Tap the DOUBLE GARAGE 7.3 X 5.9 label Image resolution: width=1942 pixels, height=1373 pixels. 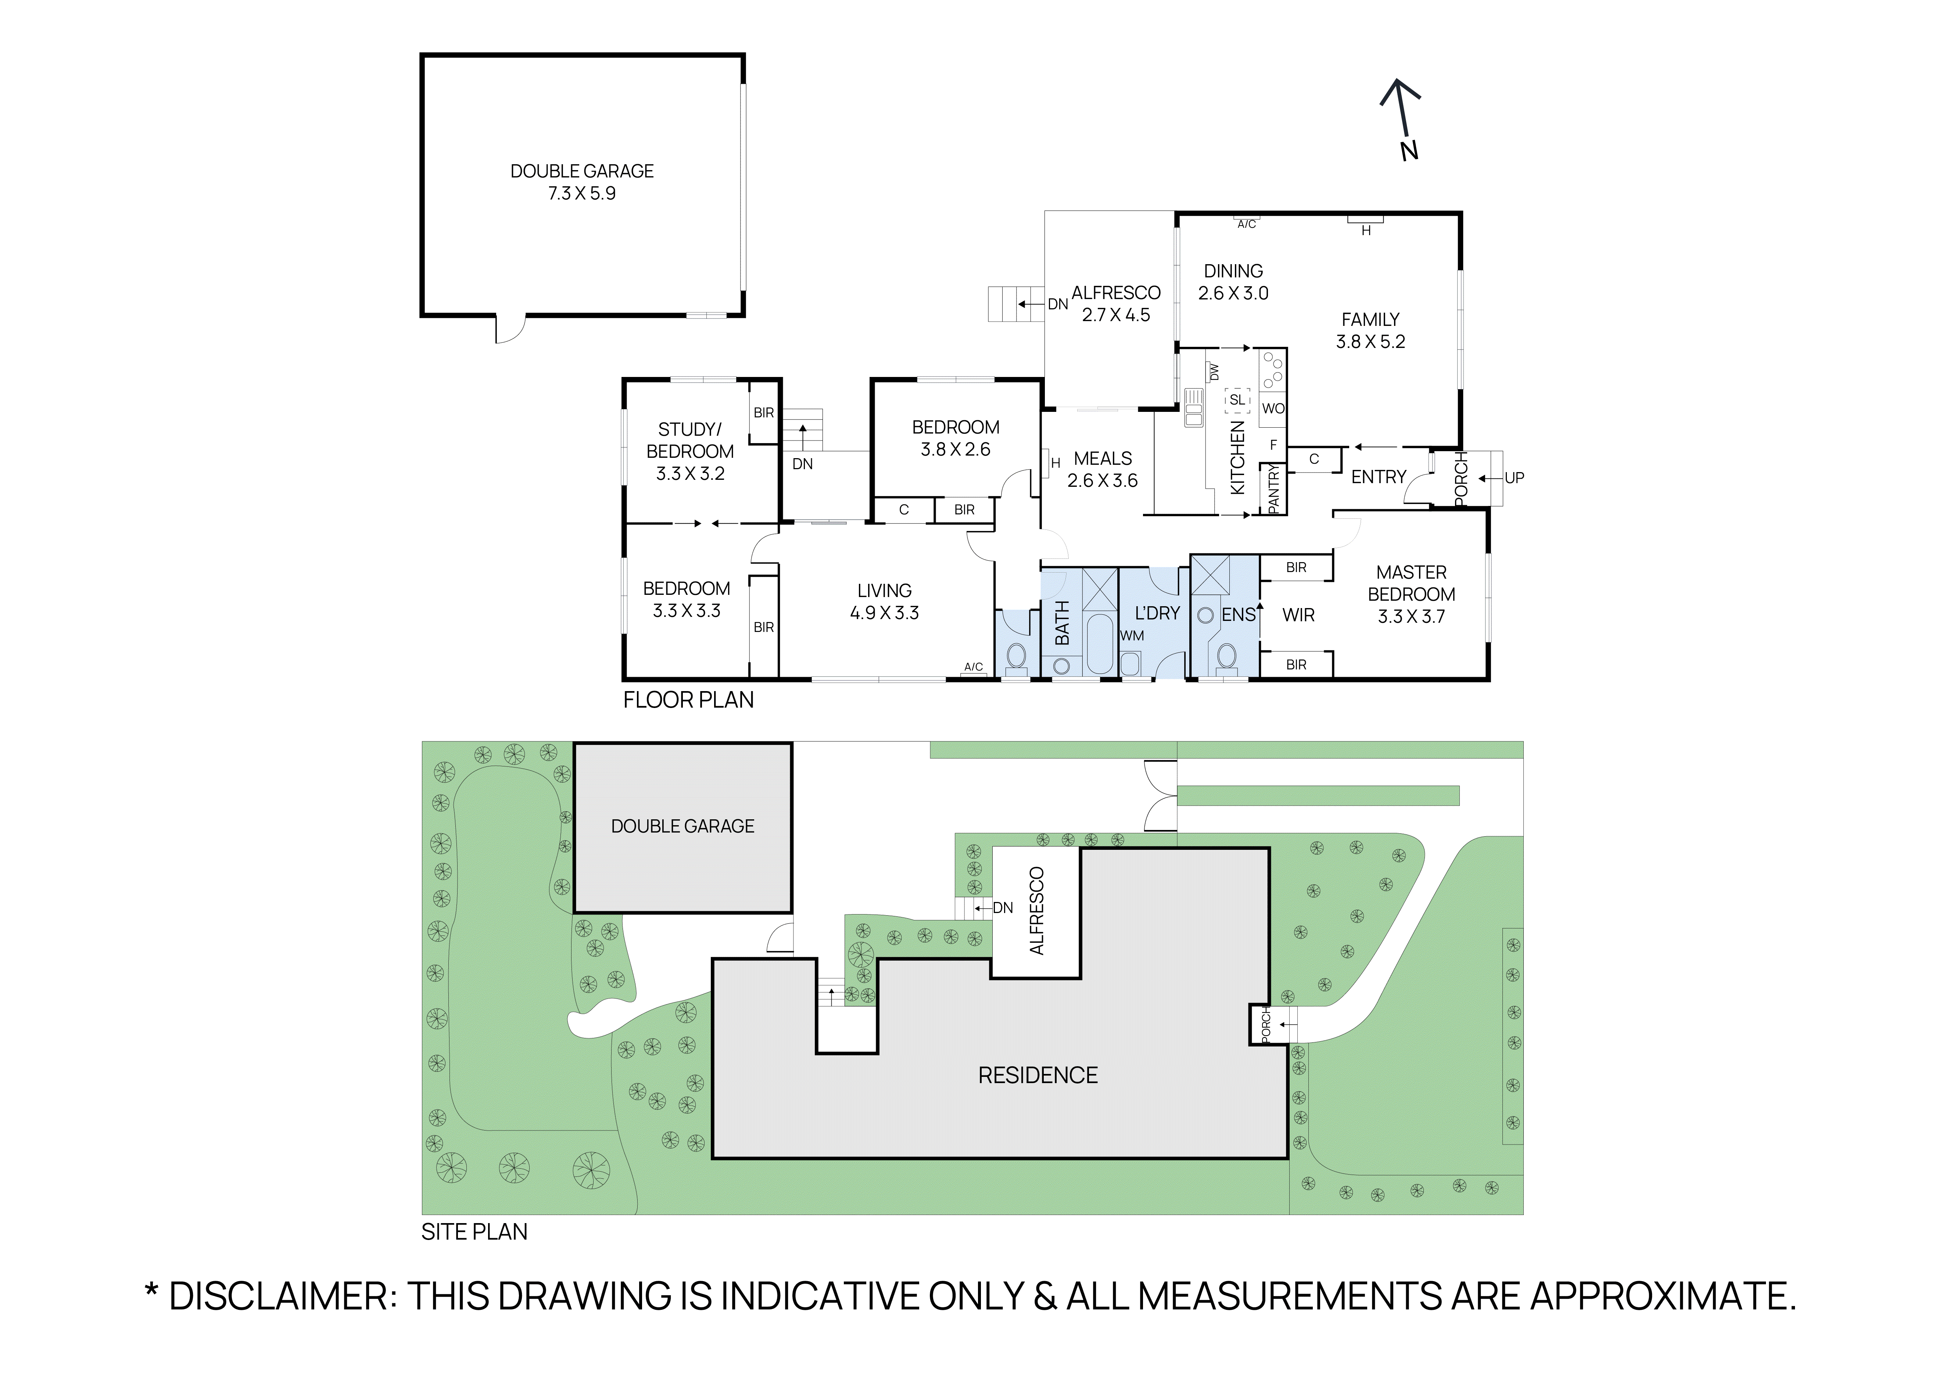[x=582, y=182]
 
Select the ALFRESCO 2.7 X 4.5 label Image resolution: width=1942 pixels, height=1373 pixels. [x=1116, y=303]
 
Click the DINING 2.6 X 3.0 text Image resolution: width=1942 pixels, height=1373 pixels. [x=1233, y=281]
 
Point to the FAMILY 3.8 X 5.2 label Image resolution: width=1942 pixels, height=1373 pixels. [x=1370, y=331]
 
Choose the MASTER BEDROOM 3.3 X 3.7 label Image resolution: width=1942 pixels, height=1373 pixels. [x=1411, y=594]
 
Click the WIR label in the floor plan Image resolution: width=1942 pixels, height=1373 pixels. [x=1298, y=615]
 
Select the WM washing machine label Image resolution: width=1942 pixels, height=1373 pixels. [x=1132, y=636]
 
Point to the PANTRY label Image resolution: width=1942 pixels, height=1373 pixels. [x=1274, y=489]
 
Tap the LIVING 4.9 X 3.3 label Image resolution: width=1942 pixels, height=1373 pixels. [x=884, y=601]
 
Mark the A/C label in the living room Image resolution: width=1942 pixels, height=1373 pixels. [x=974, y=667]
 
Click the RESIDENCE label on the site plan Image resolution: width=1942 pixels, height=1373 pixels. [x=1038, y=1075]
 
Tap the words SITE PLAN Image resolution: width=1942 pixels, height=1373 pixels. [x=474, y=1232]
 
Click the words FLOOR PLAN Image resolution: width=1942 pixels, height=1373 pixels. [x=688, y=700]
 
